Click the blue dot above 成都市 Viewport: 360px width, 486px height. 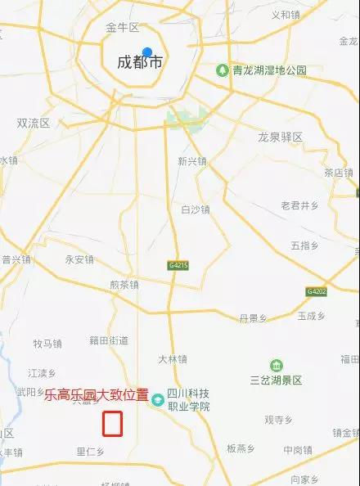pyautogui.click(x=147, y=52)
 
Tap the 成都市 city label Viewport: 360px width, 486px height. pyautogui.click(x=142, y=62)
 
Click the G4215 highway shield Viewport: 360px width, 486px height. pyautogui.click(x=178, y=266)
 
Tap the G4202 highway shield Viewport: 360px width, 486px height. pyautogui.click(x=317, y=291)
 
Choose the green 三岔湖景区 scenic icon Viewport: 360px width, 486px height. pyautogui.click(x=277, y=366)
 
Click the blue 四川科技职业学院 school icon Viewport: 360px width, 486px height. pyautogui.click(x=157, y=398)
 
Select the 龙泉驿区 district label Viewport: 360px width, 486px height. pyautogui.click(x=281, y=137)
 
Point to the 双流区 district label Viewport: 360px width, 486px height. pyautogui.click(x=34, y=123)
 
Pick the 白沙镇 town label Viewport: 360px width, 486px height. pyautogui.click(x=195, y=209)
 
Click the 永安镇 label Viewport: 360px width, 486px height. pyautogui.click(x=79, y=259)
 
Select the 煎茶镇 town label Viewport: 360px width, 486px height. pyautogui.click(x=124, y=285)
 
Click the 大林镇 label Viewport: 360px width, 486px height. pyautogui.click(x=173, y=358)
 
